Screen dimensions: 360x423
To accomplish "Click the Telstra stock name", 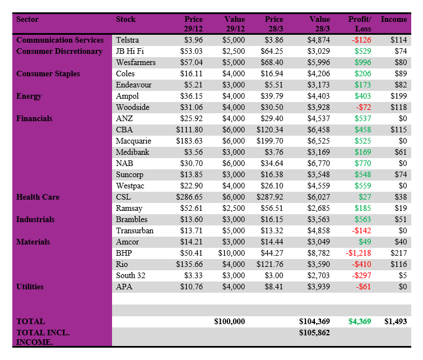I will click(128, 40).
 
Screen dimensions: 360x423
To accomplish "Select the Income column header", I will click(394, 20).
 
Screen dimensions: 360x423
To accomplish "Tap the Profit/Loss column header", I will click(359, 24).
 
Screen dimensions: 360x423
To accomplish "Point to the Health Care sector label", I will click(38, 197).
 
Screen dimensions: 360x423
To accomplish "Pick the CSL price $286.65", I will click(189, 197).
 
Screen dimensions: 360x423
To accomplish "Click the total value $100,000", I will click(230, 322).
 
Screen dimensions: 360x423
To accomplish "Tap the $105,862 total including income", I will click(314, 333).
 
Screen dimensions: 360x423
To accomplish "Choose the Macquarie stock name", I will click(133, 141).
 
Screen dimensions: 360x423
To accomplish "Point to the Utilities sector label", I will click(30, 287).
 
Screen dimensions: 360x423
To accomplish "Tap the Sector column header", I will click(27, 20).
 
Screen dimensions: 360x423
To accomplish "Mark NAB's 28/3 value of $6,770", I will click(319, 164).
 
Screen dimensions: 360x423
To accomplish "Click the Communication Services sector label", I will click(60, 40).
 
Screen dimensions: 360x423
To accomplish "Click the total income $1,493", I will click(395, 322).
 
